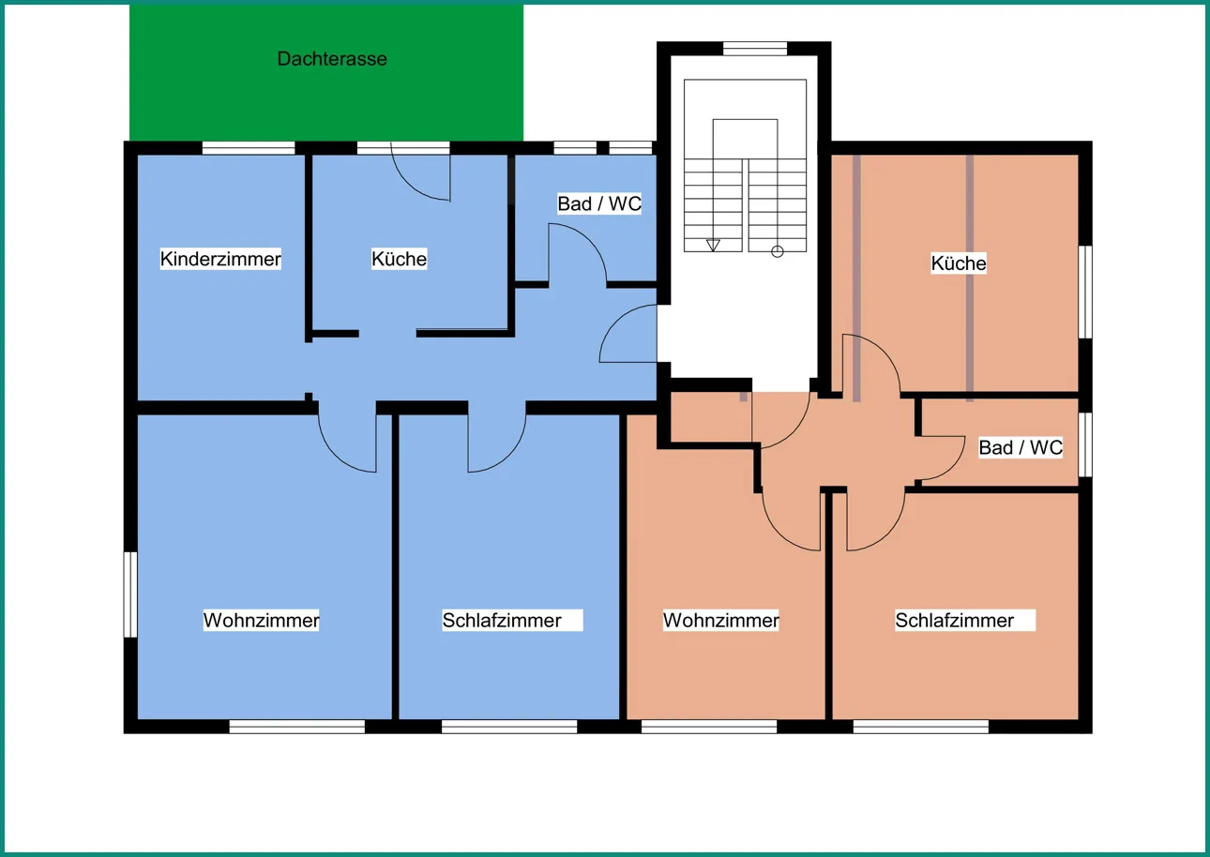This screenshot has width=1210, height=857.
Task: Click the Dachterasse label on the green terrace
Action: (332, 59)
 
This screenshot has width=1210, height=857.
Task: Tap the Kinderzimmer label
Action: (220, 259)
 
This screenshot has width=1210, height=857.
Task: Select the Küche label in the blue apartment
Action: (399, 259)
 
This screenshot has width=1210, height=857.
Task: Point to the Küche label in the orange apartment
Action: (959, 263)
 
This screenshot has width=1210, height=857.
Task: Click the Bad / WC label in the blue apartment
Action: (599, 203)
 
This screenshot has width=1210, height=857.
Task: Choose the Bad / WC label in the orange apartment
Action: (1021, 447)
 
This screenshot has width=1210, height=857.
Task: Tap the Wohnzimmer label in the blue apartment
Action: (261, 620)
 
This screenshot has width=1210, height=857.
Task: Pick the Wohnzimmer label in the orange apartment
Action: (720, 620)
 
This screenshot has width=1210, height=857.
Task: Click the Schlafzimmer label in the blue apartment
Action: (502, 620)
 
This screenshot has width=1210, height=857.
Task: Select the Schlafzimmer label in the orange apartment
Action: (955, 620)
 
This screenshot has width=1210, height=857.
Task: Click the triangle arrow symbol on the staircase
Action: (713, 245)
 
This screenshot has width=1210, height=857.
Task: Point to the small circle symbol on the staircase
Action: (778, 251)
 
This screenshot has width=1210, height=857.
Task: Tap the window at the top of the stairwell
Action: (755, 49)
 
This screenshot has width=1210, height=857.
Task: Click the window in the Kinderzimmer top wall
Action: (249, 148)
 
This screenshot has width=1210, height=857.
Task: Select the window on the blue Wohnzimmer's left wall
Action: (130, 594)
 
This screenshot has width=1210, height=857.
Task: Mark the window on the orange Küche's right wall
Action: (1085, 293)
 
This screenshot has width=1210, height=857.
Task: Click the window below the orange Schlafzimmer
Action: (921, 727)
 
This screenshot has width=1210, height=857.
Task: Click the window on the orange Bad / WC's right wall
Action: (1085, 445)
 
